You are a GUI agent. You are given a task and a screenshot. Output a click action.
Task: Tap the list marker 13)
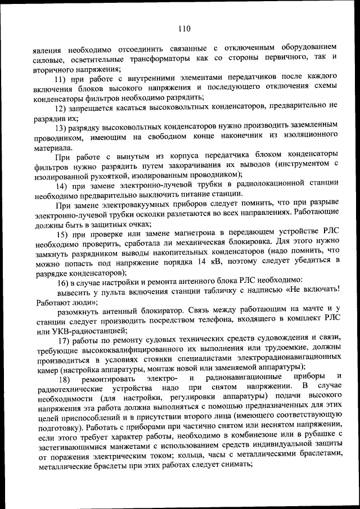tap(61, 127)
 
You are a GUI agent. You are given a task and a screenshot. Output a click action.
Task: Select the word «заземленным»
tap(309, 127)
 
